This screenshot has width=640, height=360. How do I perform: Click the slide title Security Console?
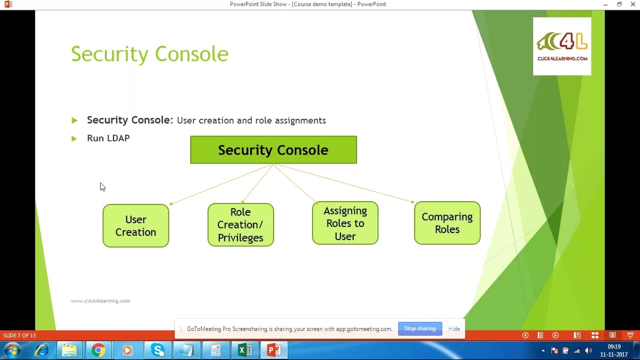pos(149,54)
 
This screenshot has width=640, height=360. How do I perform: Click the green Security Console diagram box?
pos(273,150)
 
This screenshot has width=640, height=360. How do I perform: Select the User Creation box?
pos(135,225)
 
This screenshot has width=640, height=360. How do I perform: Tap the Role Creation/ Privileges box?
pos(240,224)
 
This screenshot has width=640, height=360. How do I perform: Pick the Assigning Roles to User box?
pos(345,223)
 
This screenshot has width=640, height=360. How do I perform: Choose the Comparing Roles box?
pos(447,223)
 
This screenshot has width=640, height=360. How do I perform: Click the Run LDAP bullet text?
pos(108,138)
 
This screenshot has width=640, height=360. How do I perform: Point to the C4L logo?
pos(562,46)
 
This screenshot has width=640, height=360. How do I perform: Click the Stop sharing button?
pos(419,328)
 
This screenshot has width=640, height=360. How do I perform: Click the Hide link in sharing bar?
pos(454,328)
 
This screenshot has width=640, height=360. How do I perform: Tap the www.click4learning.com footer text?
pos(100,301)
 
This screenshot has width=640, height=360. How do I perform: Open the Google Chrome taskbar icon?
pos(98,350)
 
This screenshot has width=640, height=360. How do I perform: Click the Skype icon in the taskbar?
pos(158,350)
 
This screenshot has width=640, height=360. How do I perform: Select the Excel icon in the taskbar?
pos(244,350)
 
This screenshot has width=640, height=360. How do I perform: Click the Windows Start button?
pos(12,350)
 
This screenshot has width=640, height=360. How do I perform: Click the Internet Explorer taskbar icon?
pos(41,350)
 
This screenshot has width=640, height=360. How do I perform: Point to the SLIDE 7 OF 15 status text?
pos(19,335)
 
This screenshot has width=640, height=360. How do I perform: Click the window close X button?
pos(632,4)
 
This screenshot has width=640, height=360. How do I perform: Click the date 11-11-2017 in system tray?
pos(614,354)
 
